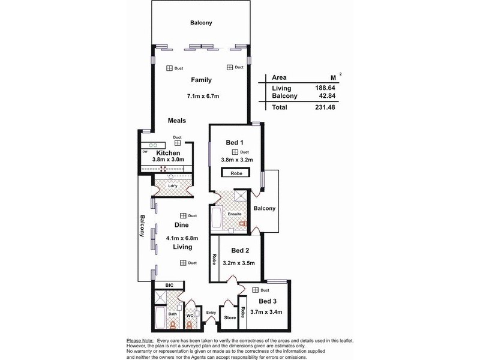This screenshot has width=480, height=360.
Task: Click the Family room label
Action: coord(202,80)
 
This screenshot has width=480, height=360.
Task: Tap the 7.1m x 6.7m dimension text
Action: coord(203,95)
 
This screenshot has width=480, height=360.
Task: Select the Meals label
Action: coord(177,121)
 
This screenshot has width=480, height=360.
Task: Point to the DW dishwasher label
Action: coord(145,152)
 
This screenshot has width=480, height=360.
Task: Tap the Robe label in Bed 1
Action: coord(235,173)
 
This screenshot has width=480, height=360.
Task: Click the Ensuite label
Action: coord(235,214)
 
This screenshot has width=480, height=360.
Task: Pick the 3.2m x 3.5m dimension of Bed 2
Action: coord(239,262)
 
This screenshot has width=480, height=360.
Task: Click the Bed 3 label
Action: coord(268,301)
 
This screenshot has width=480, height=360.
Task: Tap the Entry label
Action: coord(211,313)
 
